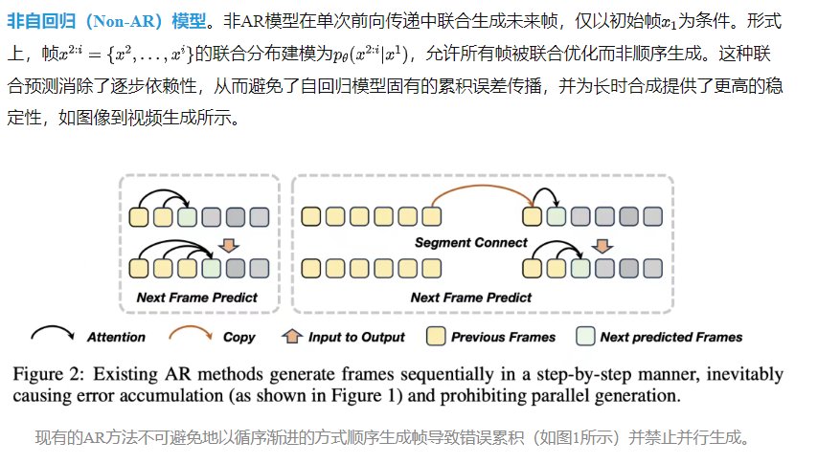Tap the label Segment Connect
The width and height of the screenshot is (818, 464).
point(471,242)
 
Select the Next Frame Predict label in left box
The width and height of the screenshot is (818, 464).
point(196,298)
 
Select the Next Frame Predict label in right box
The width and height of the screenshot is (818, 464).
point(471,298)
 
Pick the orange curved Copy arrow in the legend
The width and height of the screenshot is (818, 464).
point(191,335)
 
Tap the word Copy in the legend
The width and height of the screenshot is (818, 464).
point(239,337)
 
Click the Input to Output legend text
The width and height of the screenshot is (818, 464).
point(356,337)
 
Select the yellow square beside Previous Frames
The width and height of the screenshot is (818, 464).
point(437,337)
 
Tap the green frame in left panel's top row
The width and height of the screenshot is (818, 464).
point(187,215)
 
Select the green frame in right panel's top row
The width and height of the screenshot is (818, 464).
point(556,215)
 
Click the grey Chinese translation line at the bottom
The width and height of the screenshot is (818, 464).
point(390,438)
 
